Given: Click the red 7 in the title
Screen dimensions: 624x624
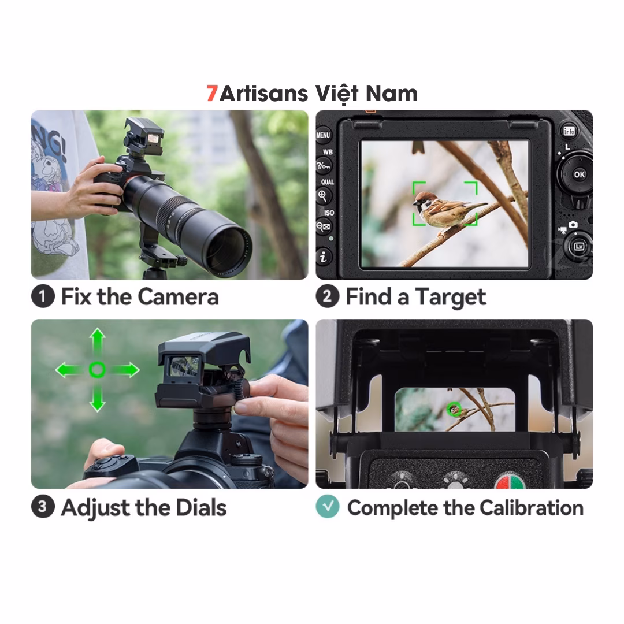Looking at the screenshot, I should (212, 94).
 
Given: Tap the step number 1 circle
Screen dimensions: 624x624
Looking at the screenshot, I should (42, 297).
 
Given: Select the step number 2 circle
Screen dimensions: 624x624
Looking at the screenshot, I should (327, 297).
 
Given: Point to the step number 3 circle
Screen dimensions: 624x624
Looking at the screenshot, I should (42, 507).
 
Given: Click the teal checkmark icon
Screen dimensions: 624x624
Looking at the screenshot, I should (328, 507).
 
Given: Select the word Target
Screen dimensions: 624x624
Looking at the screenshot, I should (451, 298).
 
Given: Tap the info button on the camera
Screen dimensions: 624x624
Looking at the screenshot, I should (570, 131).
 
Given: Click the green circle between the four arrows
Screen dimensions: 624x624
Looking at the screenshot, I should (97, 369).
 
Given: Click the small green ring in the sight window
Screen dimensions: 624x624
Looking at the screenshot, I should (454, 409).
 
